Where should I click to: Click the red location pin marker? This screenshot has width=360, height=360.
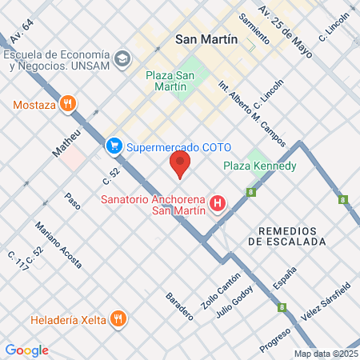tap(180, 165)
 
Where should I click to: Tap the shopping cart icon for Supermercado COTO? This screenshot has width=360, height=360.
tap(114, 146)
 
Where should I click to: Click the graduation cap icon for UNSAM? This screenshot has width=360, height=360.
tap(122, 58)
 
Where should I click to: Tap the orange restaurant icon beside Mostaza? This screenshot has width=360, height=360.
tap(69, 104)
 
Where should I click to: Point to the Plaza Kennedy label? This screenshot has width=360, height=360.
tap(260, 166)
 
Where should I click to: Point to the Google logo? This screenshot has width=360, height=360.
tap(26, 350)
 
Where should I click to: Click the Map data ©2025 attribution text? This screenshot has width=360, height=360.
tap(326, 354)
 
